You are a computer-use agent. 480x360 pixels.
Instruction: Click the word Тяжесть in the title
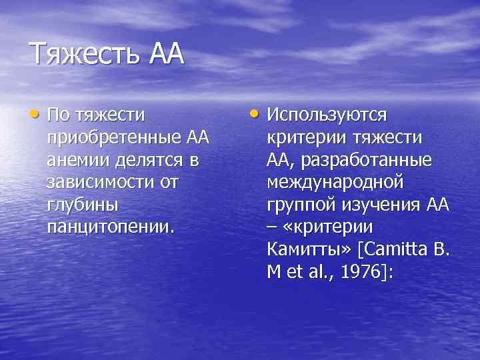click(83, 53)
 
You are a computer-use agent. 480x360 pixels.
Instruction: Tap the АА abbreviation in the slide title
click(161, 53)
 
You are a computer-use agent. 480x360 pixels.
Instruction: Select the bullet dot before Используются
click(257, 113)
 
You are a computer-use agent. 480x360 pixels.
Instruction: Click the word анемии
click(74, 161)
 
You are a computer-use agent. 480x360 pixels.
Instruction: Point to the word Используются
click(327, 115)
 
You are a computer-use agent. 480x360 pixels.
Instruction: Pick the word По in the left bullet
click(57, 115)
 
